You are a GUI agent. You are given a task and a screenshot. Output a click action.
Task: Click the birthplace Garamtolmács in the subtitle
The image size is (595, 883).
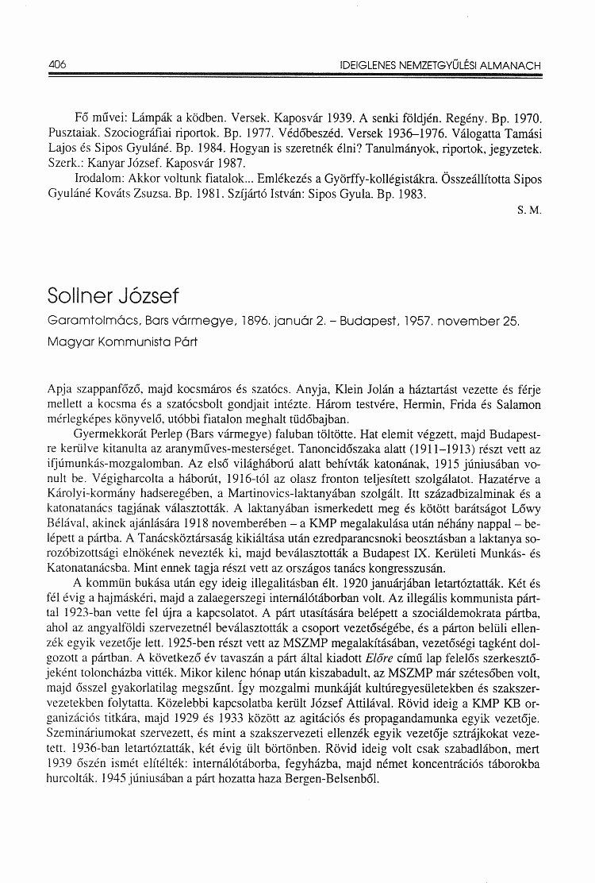89,323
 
